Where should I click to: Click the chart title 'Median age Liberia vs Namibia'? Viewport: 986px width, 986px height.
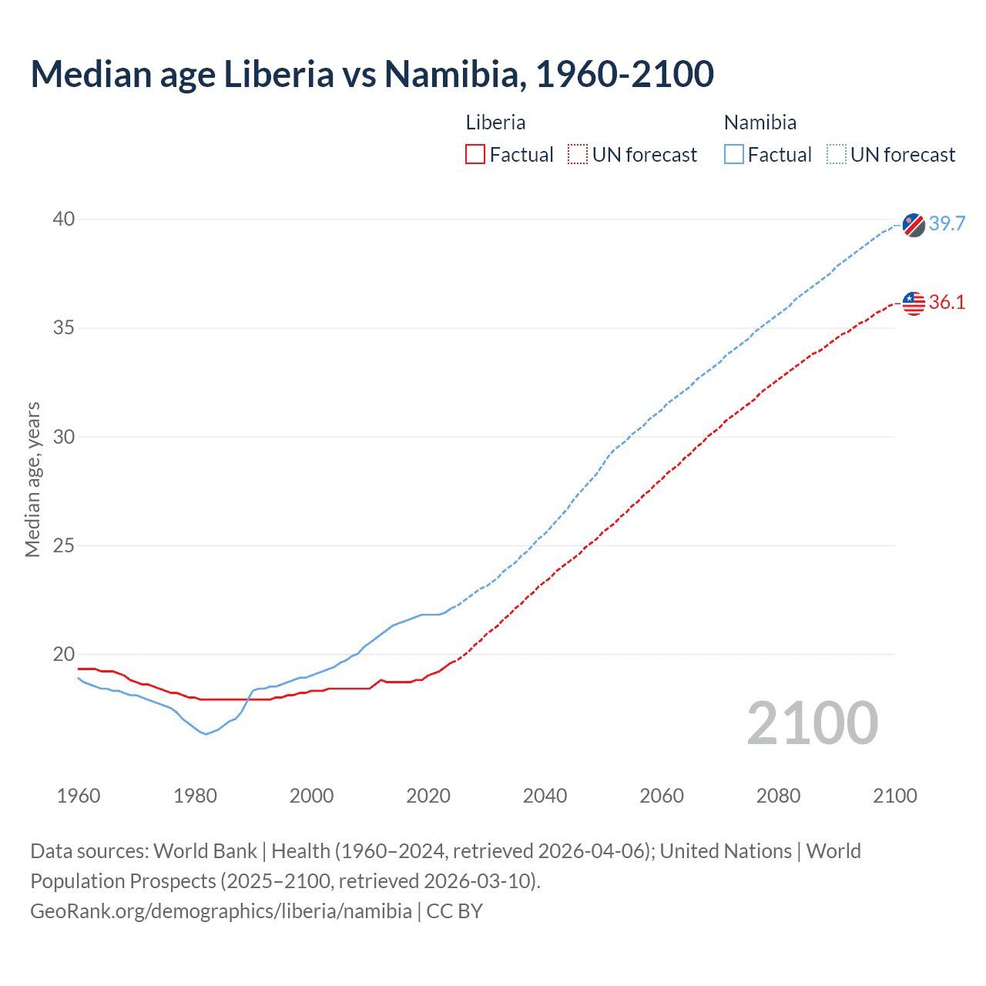[372, 74]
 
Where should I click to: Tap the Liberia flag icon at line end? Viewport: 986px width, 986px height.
[914, 303]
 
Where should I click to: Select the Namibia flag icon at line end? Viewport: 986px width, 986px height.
[914, 225]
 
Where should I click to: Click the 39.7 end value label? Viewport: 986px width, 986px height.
[947, 223]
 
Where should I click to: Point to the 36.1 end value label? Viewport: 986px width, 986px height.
[947, 302]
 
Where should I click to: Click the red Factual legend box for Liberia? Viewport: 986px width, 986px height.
[475, 155]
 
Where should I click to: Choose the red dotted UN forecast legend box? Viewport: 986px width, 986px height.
[578, 155]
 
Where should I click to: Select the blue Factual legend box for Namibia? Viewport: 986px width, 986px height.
[734, 155]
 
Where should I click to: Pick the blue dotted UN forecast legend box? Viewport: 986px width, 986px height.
[837, 155]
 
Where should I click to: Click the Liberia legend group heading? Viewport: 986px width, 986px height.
[495, 122]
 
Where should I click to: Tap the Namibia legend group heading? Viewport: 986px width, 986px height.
[760, 122]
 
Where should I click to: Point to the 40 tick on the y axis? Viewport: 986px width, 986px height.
[64, 220]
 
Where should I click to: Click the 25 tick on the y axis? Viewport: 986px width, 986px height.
[64, 546]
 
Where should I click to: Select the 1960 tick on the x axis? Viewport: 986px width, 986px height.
[79, 796]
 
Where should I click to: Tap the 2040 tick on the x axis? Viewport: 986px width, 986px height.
[545, 796]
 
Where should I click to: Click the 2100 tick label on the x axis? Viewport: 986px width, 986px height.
[894, 796]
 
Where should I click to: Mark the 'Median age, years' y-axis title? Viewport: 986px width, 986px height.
[32, 479]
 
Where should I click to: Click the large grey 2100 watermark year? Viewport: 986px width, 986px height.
[813, 723]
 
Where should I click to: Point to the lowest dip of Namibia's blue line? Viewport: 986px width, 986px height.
[206, 733]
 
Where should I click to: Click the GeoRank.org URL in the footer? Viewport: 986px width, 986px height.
[221, 911]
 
